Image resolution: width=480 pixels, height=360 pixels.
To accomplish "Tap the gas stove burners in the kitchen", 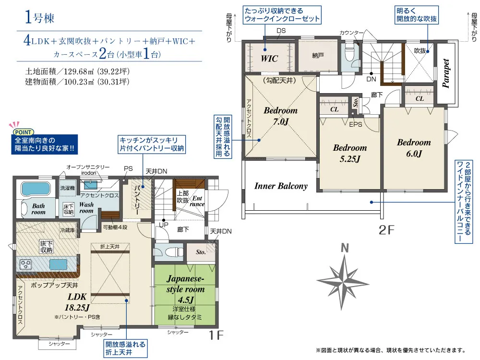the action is click(x=25, y=264).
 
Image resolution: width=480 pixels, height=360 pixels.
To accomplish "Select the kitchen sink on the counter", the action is click(x=58, y=264).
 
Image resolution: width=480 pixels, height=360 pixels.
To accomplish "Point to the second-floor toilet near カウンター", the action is click(x=349, y=54).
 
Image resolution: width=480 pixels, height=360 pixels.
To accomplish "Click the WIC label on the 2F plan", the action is click(x=269, y=59).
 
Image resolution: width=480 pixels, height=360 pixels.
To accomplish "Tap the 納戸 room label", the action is click(x=318, y=56).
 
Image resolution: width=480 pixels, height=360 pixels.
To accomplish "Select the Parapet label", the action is click(x=446, y=73).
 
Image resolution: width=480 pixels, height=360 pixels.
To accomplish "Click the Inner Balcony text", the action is click(x=281, y=186).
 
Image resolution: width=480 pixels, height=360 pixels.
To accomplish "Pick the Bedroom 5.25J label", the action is click(x=350, y=154).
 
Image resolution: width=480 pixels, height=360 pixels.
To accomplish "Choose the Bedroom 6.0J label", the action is click(x=414, y=148).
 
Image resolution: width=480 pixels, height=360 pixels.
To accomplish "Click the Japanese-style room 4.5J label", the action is click(x=185, y=289).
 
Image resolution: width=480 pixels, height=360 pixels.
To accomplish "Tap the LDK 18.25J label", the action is click(x=77, y=302).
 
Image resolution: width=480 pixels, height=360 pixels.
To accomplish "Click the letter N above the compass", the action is click(x=345, y=248).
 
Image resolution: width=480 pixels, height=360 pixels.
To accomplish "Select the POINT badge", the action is click(x=23, y=132).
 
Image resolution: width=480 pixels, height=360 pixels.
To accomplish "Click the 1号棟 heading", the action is click(x=39, y=17).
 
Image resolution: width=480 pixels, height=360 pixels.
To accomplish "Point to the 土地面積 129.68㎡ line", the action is click(x=77, y=72).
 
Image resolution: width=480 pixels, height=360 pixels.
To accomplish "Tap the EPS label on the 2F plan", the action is click(x=355, y=125).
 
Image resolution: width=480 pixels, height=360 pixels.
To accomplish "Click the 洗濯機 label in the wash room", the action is click(x=68, y=188).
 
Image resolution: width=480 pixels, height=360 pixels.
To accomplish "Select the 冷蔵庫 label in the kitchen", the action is click(x=67, y=230).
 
